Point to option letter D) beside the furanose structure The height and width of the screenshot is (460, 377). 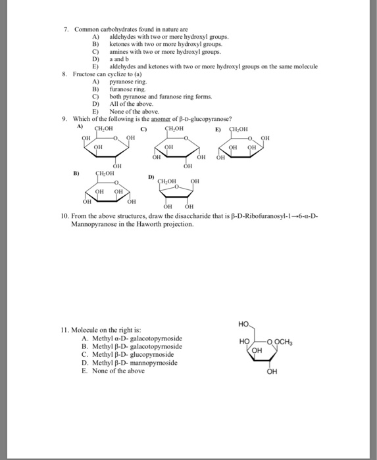[151, 176]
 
